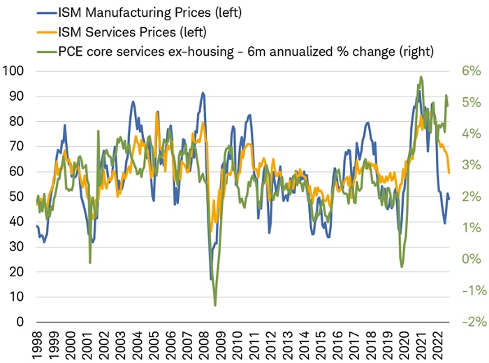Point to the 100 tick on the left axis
(13, 71)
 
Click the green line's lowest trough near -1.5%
(215, 306)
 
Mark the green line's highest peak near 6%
(421, 77)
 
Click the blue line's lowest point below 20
(211, 279)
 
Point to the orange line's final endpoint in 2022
(449, 173)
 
